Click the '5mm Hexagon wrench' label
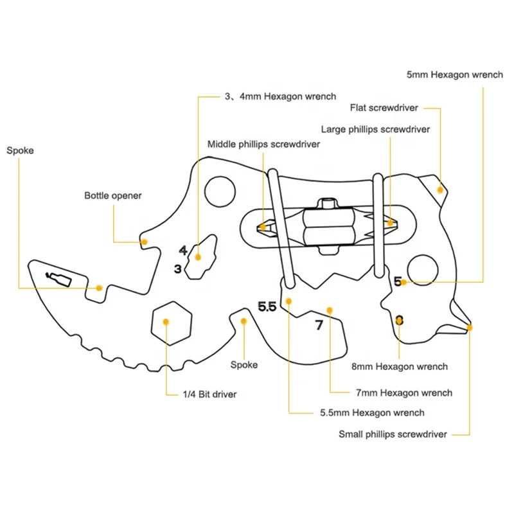click(x=455, y=75)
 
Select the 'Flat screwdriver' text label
click(x=384, y=108)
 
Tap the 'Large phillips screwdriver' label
click(x=375, y=130)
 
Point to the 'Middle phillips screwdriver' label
click(x=263, y=144)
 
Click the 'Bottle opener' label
click(x=113, y=196)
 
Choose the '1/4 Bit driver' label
click(x=209, y=394)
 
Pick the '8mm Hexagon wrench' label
click(x=400, y=366)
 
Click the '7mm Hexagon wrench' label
click(x=404, y=393)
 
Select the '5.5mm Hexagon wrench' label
click(x=372, y=412)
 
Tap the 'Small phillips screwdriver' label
click(x=393, y=434)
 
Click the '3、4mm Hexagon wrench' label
click(x=280, y=97)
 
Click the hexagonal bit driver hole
click(x=172, y=323)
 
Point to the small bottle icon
click(x=58, y=279)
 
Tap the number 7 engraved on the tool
click(x=319, y=325)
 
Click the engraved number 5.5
click(x=267, y=307)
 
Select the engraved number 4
click(x=183, y=251)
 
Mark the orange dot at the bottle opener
click(x=144, y=242)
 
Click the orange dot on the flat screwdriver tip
click(x=440, y=190)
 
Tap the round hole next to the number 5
click(x=423, y=270)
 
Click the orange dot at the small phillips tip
click(x=470, y=328)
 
